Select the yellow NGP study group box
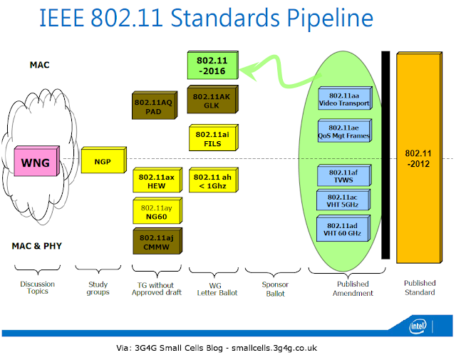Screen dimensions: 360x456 [x=102, y=161]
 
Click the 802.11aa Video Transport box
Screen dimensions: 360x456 [x=345, y=99]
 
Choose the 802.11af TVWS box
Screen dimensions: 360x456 [x=345, y=176]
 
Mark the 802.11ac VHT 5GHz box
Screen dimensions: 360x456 [x=345, y=201]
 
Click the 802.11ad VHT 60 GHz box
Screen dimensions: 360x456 [x=345, y=227]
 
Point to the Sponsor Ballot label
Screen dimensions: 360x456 [x=274, y=288]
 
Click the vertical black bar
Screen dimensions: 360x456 [x=385, y=154]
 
